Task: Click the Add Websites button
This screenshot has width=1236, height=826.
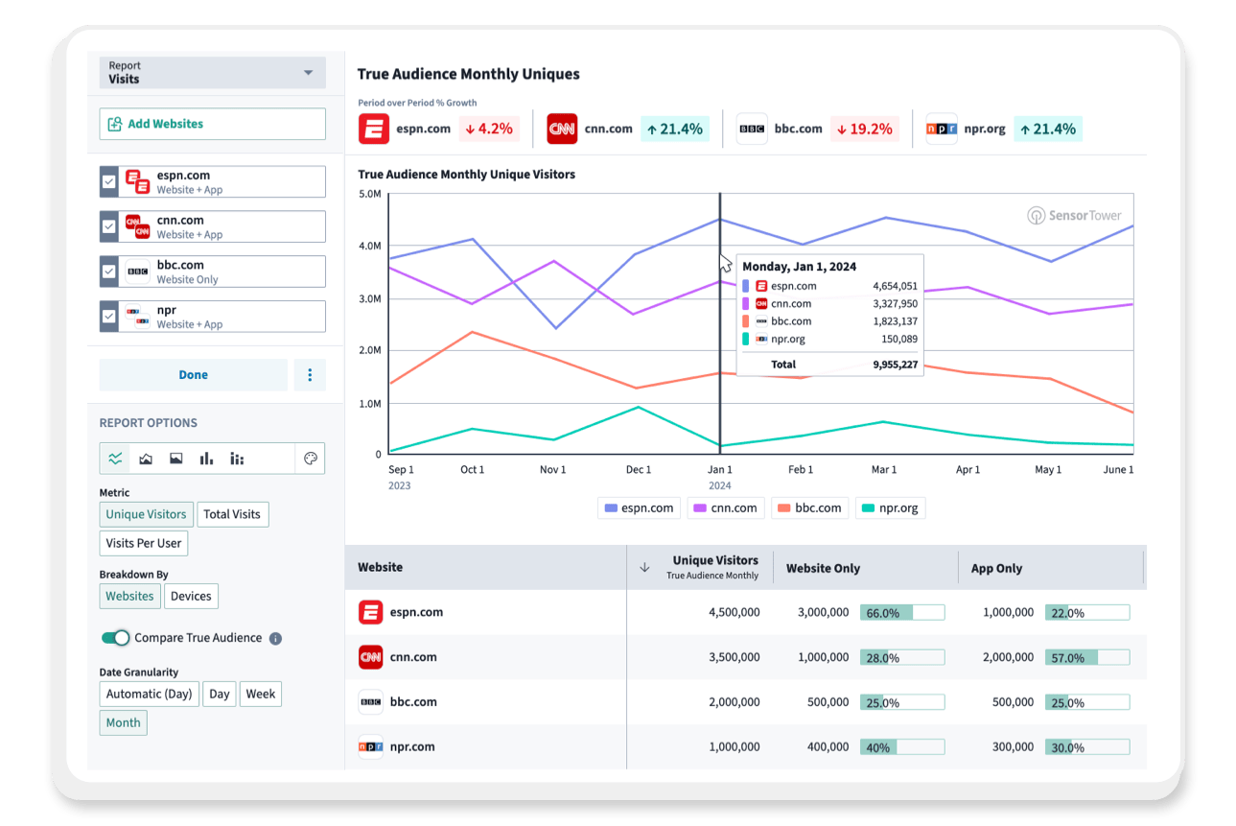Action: pos(212,124)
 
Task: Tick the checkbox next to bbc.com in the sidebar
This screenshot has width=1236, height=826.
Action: pos(108,271)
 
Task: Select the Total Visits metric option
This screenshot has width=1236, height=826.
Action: pos(231,514)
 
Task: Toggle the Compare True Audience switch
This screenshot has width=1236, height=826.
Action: pos(115,638)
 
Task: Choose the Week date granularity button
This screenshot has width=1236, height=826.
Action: pos(261,694)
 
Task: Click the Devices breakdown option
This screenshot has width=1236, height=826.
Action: pos(191,596)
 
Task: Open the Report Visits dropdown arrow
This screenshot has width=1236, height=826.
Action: pos(308,73)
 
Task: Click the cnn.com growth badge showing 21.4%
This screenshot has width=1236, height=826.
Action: pos(675,129)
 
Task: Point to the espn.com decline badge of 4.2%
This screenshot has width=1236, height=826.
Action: pos(488,129)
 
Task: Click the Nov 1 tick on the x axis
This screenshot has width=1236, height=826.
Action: pos(553,470)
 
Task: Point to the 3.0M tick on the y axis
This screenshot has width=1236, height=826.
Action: pos(368,299)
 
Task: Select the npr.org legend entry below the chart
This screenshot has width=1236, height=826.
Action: pos(890,508)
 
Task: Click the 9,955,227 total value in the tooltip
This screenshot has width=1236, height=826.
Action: pos(895,365)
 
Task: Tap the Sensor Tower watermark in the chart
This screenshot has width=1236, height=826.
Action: pos(1074,216)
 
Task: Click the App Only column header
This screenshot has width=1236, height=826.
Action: pos(996,568)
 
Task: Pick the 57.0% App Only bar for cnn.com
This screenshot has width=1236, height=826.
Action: pos(1086,658)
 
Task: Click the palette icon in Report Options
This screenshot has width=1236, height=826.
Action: pos(310,459)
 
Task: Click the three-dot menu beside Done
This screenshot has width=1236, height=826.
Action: pos(310,375)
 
